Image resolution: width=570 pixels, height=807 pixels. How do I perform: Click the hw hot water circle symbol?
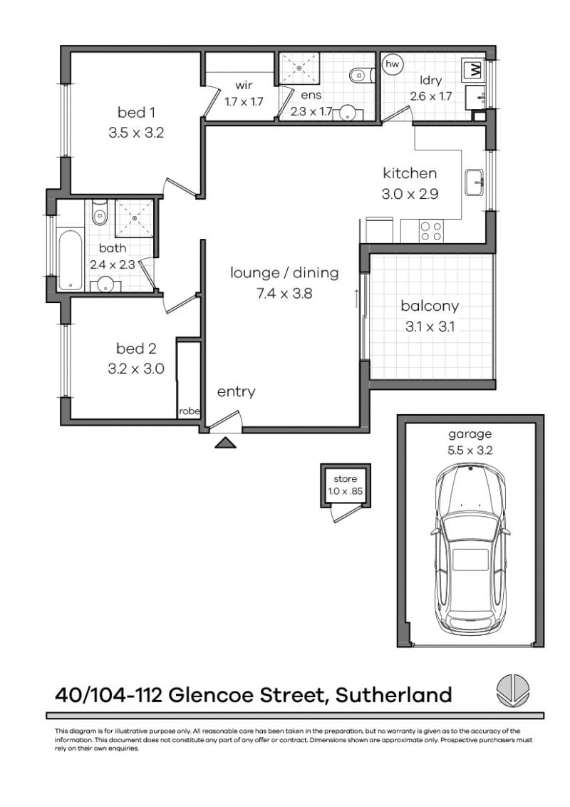coord(392,64)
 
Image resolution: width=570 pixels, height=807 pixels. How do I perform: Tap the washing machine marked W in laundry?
coord(473,71)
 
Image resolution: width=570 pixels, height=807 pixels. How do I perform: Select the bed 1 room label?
coord(136,112)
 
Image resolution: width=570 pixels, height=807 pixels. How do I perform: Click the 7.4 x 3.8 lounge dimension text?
coord(284,292)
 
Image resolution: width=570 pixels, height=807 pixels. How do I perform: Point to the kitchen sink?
coord(475,183)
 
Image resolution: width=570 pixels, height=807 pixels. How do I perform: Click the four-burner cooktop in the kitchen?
coord(430,231)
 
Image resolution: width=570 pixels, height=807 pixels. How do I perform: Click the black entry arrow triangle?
coord(225,443)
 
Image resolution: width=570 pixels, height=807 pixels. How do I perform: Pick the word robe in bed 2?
coord(189,411)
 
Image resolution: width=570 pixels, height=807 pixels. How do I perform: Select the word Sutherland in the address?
coord(393,694)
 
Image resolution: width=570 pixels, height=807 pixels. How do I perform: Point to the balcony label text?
coord(430,307)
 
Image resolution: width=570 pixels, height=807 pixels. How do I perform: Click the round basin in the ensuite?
coord(348,113)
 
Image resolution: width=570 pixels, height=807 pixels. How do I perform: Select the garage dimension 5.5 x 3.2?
coord(470,449)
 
